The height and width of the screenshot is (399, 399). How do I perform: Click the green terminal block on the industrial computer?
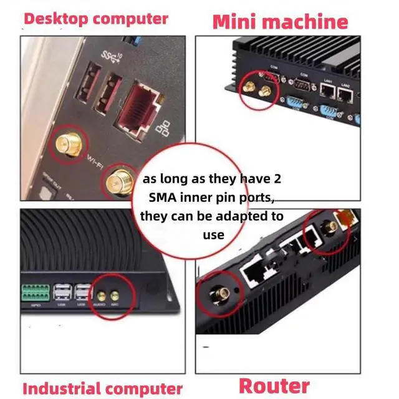coord(37,292)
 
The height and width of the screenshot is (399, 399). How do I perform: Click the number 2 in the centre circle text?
coord(277,179)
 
